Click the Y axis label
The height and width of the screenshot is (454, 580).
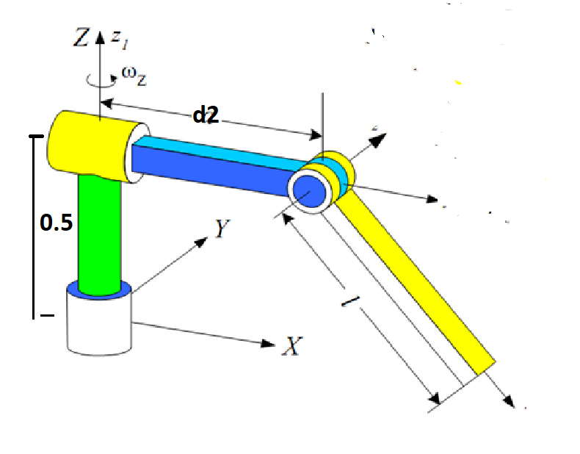pyautogui.click(x=222, y=228)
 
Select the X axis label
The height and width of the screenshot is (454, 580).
pyautogui.click(x=291, y=347)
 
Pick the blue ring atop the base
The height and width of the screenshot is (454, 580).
pyautogui.click(x=99, y=292)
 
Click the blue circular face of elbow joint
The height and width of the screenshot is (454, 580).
pyautogui.click(x=309, y=190)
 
